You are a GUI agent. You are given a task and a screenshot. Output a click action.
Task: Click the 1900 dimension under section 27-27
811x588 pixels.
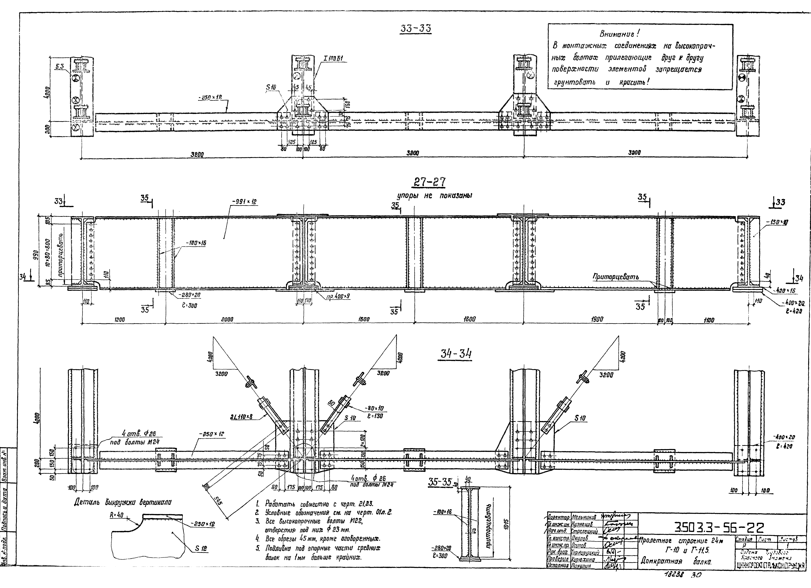597,320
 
